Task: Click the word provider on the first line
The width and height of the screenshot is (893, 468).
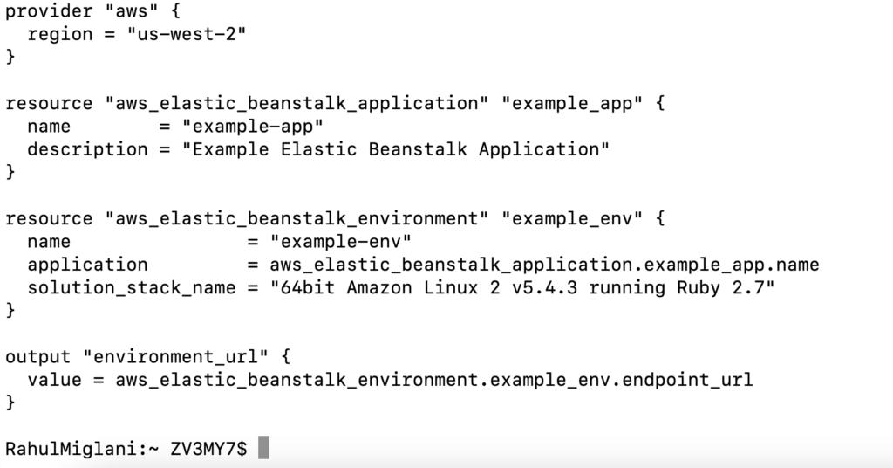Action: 49,12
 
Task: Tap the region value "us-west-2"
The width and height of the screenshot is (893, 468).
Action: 187,35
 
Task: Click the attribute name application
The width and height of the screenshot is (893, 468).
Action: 87,264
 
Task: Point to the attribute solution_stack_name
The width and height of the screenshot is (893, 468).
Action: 131,287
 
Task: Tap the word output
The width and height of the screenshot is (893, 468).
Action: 37,356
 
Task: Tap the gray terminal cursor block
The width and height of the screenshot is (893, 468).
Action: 264,448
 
